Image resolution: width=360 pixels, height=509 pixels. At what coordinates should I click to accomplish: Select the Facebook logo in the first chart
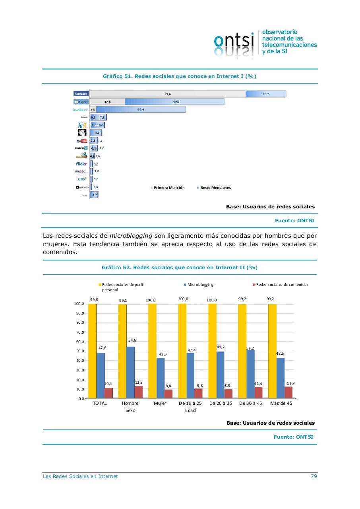click(x=81, y=93)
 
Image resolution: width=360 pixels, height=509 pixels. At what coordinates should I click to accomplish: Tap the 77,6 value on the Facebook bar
click(x=168, y=94)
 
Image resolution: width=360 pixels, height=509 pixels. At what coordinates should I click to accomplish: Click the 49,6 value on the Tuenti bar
click(x=176, y=102)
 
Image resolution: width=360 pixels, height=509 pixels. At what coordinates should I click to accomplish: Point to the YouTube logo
click(x=81, y=141)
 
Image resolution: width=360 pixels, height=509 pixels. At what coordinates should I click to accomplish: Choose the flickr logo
click(x=81, y=164)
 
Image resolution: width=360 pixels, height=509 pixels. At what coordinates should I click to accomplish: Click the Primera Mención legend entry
click(x=168, y=188)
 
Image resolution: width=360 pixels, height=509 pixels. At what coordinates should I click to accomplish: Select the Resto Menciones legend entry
click(x=215, y=188)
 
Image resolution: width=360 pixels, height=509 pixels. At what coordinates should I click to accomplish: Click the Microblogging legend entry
click(x=200, y=285)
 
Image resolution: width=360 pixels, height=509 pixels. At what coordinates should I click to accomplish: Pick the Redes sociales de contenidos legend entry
click(x=282, y=285)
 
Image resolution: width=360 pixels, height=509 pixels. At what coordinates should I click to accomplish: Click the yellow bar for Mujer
click(x=152, y=350)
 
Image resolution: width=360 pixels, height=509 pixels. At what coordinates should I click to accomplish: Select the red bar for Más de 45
click(x=288, y=392)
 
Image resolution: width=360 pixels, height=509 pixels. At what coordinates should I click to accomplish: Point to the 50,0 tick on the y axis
click(x=79, y=351)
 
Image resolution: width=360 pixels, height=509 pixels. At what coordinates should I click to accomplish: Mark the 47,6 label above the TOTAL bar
click(x=102, y=348)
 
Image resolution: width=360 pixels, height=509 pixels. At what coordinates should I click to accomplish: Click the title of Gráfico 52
click(x=180, y=268)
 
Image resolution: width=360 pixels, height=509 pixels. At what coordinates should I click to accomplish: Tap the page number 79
click(x=314, y=476)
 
